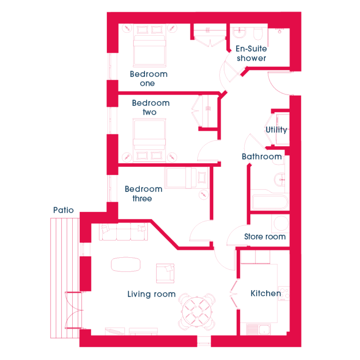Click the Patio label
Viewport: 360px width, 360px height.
point(63,210)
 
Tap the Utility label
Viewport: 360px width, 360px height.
point(277,130)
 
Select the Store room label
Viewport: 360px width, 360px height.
point(265,236)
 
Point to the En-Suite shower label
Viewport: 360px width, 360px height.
point(251,53)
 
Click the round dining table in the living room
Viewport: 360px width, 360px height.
point(197,312)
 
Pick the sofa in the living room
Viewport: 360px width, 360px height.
point(123,232)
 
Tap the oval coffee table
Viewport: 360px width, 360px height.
point(126,264)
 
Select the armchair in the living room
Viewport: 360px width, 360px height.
point(165,273)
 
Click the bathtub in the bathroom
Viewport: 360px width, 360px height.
point(270,202)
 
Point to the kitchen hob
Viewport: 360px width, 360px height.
point(284,293)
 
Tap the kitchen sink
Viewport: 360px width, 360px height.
point(259,329)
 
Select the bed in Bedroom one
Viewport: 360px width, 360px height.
point(150,45)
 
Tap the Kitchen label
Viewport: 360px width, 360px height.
point(266,293)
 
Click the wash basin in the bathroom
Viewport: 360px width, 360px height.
point(280,180)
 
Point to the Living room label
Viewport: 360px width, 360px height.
point(151,294)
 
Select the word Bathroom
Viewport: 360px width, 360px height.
point(262,157)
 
